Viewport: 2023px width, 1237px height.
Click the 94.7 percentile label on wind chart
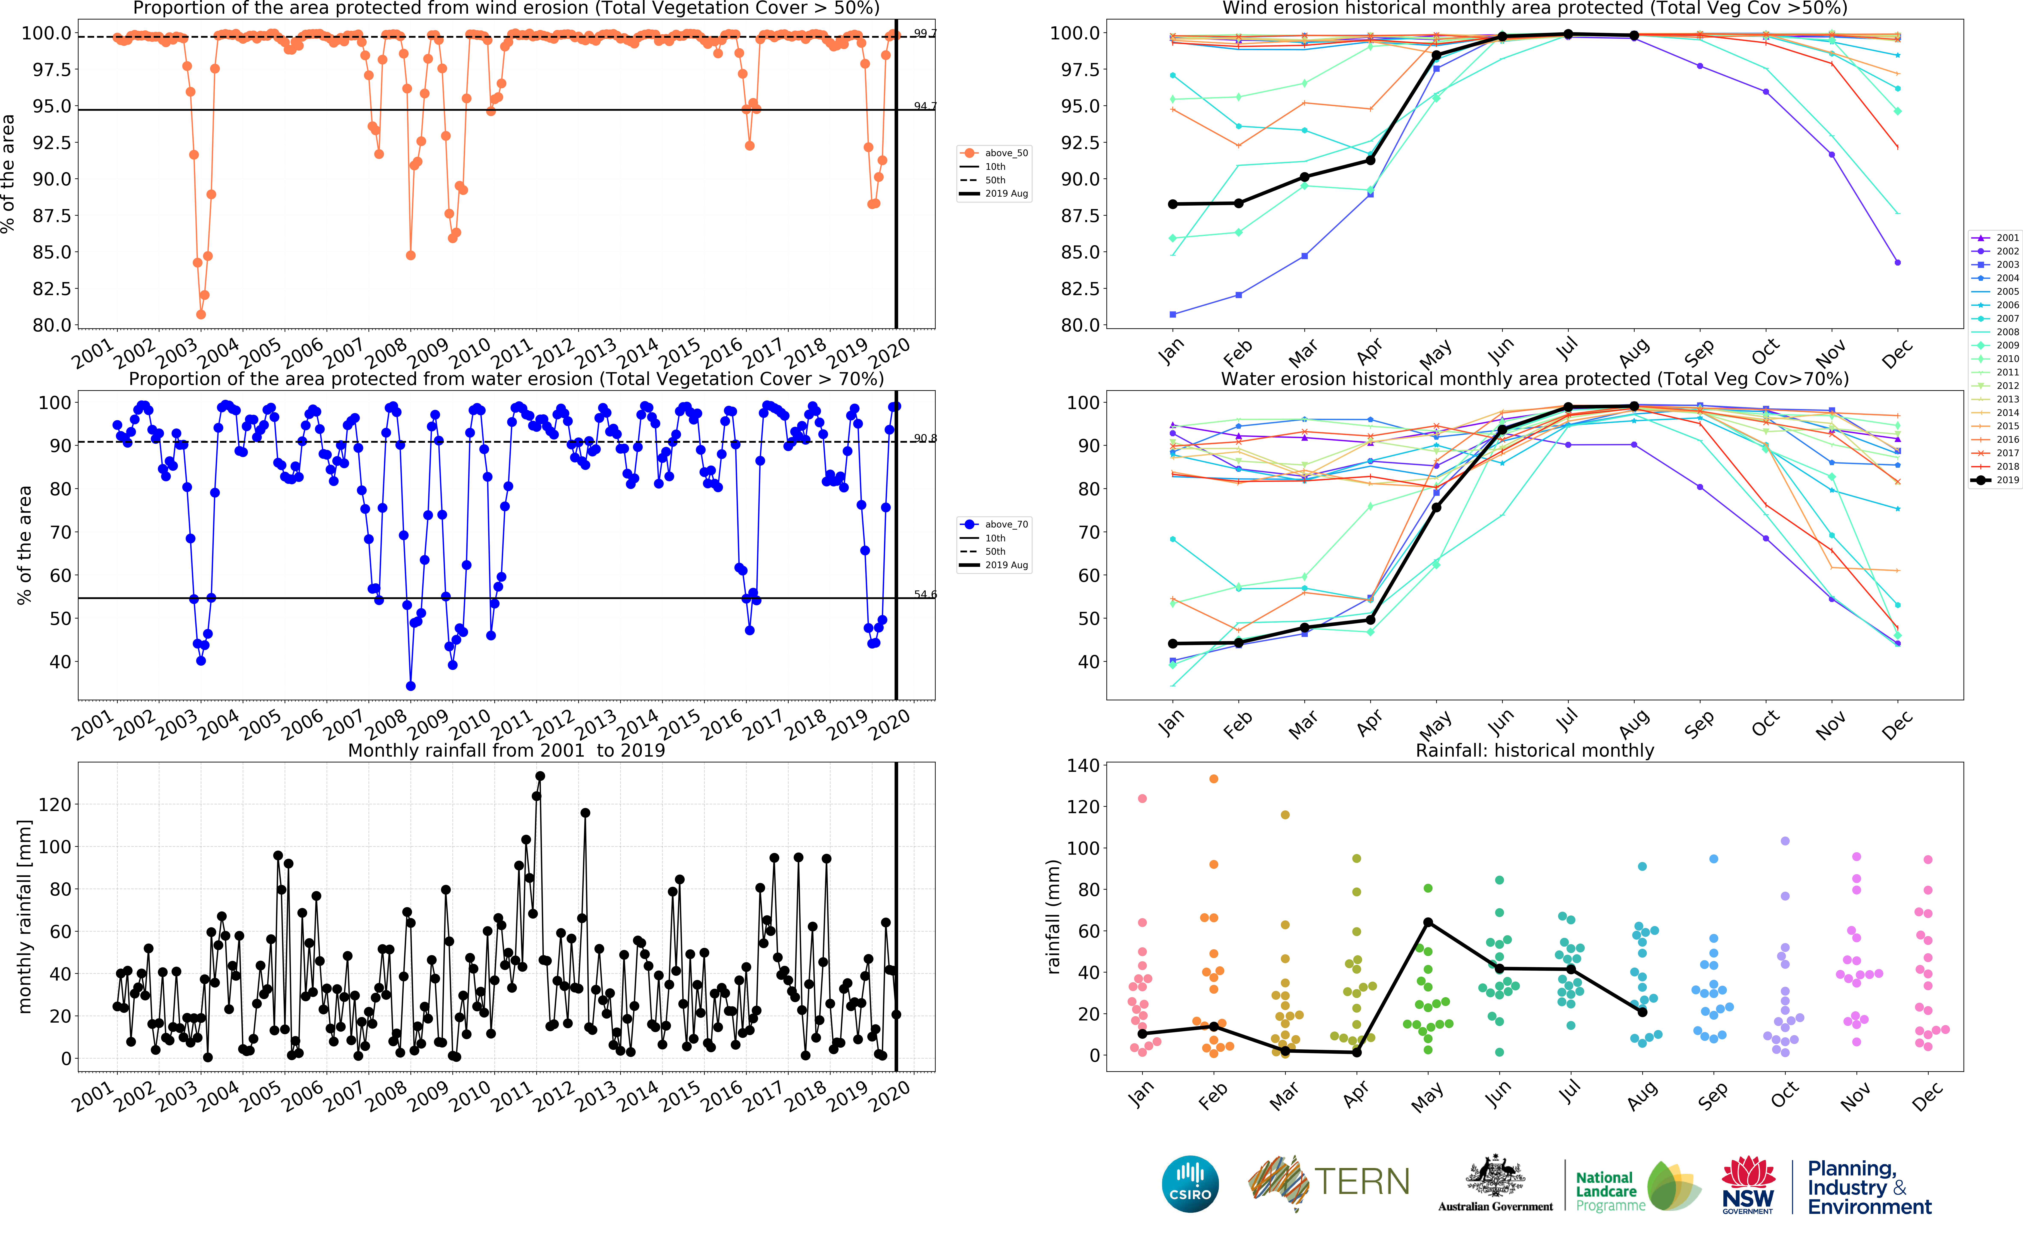point(925,106)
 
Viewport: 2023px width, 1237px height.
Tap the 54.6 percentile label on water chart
point(925,594)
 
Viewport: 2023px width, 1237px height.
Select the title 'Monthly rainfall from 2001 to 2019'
point(507,750)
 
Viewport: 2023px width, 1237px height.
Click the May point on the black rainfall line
point(1428,922)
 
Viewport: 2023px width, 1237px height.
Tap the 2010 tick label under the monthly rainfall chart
point(470,1097)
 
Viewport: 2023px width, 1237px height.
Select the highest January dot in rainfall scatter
point(1142,798)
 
